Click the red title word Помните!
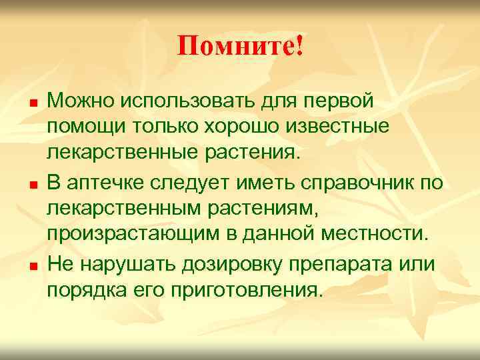pos(240,46)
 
